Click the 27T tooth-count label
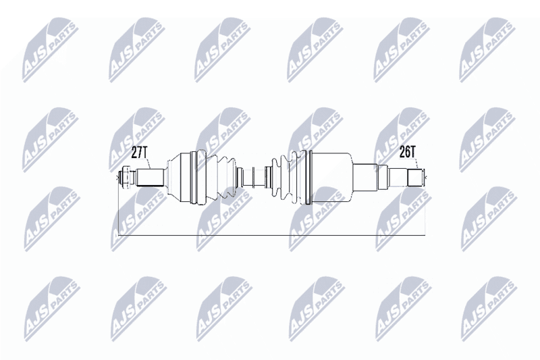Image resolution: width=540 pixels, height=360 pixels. (140, 152)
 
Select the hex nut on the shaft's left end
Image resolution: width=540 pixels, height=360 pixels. (126, 178)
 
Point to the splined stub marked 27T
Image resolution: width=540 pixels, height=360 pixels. (149, 178)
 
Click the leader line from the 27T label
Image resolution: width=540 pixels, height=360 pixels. (148, 163)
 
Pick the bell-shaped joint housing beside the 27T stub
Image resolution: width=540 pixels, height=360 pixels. (178, 178)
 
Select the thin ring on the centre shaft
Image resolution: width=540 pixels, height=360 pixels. (254, 178)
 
